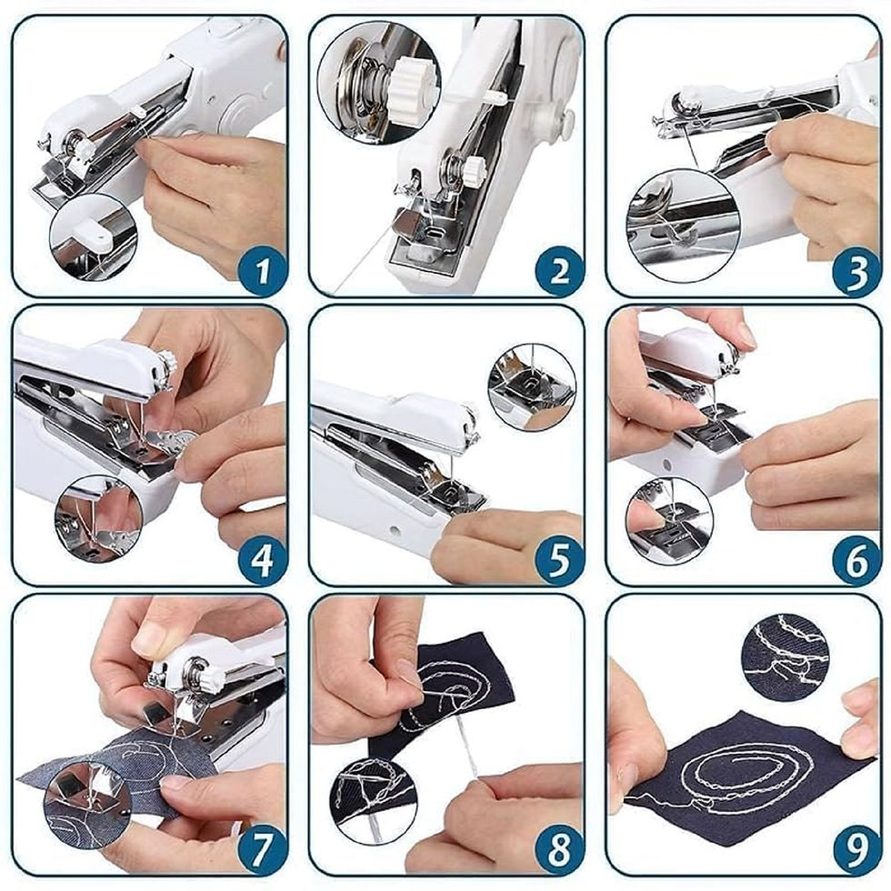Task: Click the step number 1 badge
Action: point(261,271)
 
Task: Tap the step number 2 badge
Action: point(558,271)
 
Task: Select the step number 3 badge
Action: point(856,271)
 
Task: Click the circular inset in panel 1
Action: point(93,237)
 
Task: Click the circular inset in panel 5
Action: point(532,387)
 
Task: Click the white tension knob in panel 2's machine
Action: point(473,171)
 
